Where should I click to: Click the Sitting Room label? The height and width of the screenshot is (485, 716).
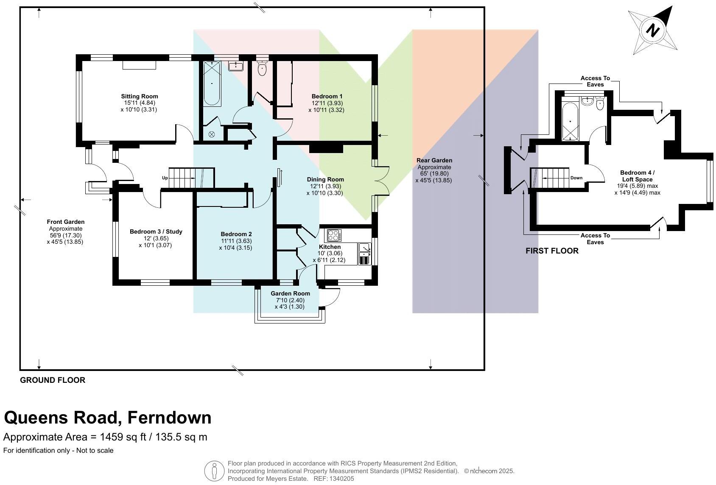(140, 96)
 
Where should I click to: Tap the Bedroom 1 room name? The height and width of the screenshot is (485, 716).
(327, 96)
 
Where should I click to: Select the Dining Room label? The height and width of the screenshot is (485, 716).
(325, 179)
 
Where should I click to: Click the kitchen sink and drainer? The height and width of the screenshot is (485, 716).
(364, 254)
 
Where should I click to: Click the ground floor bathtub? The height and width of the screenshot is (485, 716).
(212, 84)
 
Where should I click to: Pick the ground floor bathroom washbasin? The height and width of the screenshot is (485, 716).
(236, 66)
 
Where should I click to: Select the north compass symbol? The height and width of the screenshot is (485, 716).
(653, 31)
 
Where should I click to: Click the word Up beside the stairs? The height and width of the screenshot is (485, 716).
(165, 178)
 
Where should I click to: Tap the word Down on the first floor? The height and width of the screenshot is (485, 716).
(576, 178)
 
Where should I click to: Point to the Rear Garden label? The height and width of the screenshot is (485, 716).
(434, 160)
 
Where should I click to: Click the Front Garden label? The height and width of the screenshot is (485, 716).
(65, 222)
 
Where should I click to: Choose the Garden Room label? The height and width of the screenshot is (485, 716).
(290, 293)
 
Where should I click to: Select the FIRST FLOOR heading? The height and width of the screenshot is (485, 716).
(552, 251)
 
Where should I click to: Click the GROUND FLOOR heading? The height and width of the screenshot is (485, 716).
(53, 380)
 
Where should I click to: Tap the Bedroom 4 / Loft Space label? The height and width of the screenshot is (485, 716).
(638, 176)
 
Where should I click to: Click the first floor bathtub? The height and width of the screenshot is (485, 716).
(570, 121)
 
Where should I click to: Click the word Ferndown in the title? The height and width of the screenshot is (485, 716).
(169, 417)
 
